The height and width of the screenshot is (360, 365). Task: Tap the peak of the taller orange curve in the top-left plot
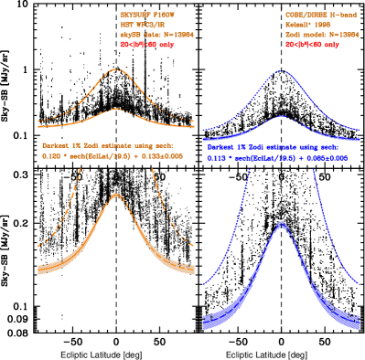coord(116,70)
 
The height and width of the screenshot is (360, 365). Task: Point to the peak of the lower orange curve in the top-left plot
coord(116,109)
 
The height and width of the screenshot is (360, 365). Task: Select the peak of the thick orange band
coord(116,195)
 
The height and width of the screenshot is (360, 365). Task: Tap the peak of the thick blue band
coord(281,223)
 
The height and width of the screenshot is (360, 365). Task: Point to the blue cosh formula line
coord(273,156)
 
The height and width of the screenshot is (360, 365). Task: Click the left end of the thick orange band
coord(38,269)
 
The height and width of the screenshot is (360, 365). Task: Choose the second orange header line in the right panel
coord(311,25)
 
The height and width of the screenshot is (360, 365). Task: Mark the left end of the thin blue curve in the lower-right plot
coord(203,283)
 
